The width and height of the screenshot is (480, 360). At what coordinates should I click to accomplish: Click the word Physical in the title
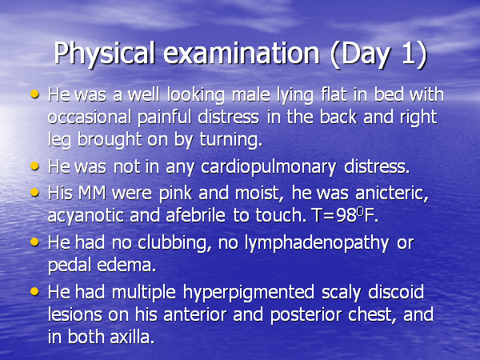click(104, 54)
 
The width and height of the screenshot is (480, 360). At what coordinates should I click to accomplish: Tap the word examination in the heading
click(242, 54)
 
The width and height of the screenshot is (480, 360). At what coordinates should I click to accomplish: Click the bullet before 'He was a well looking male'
click(34, 94)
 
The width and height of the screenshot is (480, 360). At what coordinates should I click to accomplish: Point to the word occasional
click(90, 118)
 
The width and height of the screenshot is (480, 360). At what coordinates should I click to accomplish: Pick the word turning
click(231, 140)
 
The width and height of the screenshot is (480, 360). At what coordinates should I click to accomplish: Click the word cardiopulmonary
click(268, 167)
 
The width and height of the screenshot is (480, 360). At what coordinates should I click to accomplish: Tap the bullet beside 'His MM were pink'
click(34, 193)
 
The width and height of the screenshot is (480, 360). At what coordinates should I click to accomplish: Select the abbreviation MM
click(92, 194)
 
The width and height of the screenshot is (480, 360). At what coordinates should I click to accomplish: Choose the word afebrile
click(196, 215)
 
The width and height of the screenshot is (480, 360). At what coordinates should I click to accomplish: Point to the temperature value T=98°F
click(345, 215)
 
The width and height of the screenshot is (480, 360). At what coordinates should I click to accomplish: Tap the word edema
click(126, 265)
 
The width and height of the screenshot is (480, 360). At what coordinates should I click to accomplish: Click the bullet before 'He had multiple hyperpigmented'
click(34, 291)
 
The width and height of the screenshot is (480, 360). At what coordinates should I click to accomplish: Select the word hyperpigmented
click(249, 293)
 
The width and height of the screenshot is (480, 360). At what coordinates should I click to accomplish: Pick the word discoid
click(396, 292)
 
